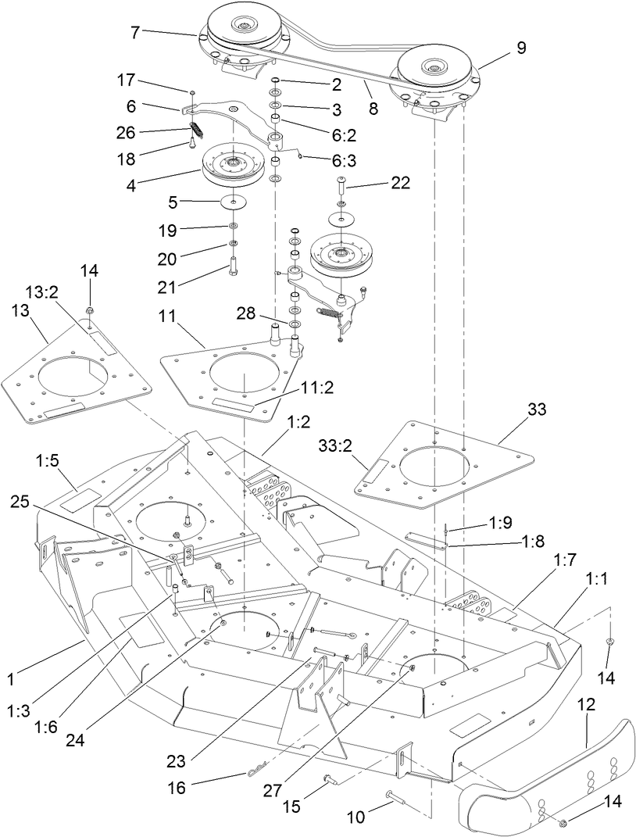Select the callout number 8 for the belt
point(373,109)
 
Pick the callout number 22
point(379,184)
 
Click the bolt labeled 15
point(331,778)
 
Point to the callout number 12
point(587,704)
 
